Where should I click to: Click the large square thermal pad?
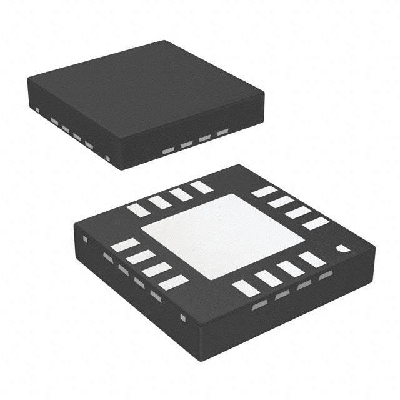(222, 236)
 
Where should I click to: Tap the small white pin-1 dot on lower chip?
(343, 249)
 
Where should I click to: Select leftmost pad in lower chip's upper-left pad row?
(138, 211)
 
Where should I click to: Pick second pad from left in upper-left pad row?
(160, 202)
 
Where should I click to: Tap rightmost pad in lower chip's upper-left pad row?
(201, 186)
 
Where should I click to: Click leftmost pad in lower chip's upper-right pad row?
(264, 191)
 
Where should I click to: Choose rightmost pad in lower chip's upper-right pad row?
(316, 223)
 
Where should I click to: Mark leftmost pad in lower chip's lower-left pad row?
(125, 245)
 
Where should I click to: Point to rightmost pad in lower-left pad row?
(173, 282)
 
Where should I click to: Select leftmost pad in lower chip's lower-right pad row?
(246, 287)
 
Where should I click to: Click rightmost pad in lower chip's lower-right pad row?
(312, 259)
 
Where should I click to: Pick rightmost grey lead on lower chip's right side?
(326, 275)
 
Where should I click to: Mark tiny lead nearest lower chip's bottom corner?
(182, 317)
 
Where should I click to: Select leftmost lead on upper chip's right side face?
(168, 151)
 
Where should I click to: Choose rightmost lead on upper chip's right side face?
(222, 132)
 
